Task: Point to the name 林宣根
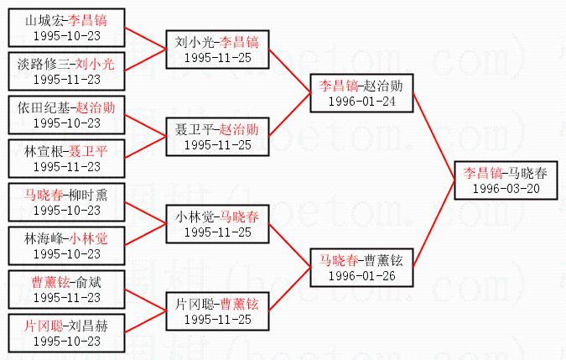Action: (43, 150)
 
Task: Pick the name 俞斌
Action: (88, 282)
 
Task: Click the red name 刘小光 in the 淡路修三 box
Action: (94, 63)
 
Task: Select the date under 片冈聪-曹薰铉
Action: (217, 318)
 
